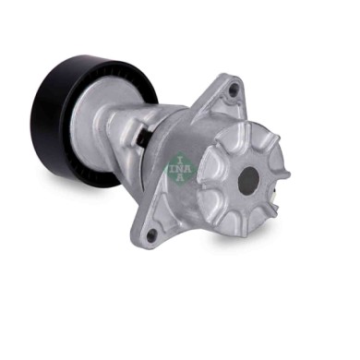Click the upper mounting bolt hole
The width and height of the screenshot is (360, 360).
pyautogui.click(x=234, y=89)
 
